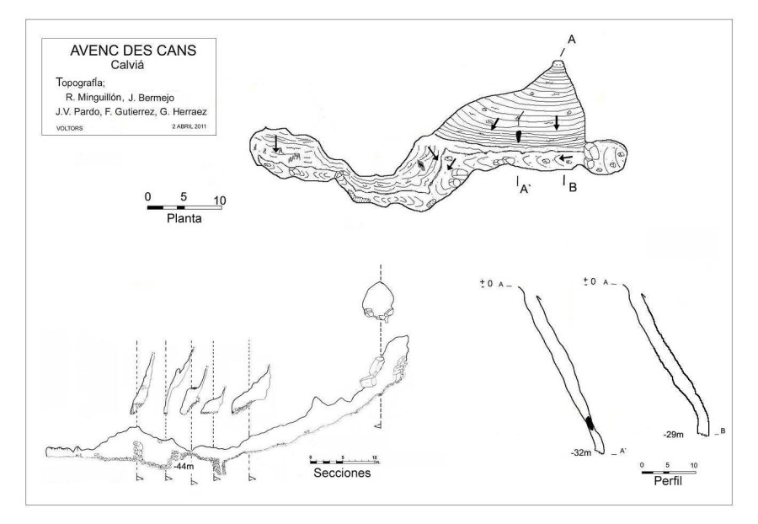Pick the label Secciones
point(342,472)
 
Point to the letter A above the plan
point(571,40)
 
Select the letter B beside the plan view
point(572,187)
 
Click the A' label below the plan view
point(523,190)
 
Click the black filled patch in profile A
point(590,423)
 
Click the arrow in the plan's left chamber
point(275,144)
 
